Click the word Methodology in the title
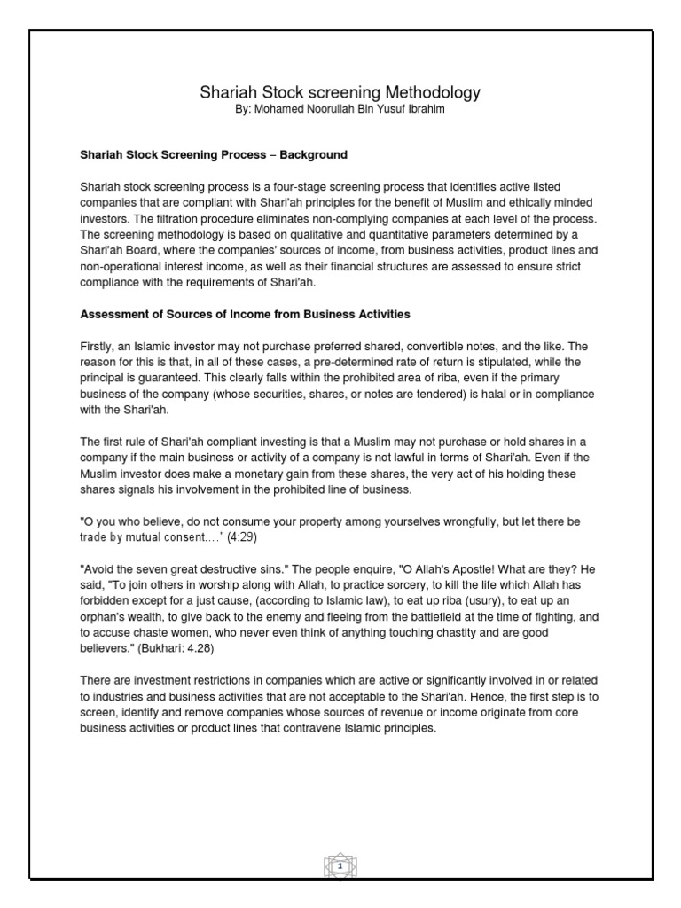[x=429, y=92]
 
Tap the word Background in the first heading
[x=314, y=154]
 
